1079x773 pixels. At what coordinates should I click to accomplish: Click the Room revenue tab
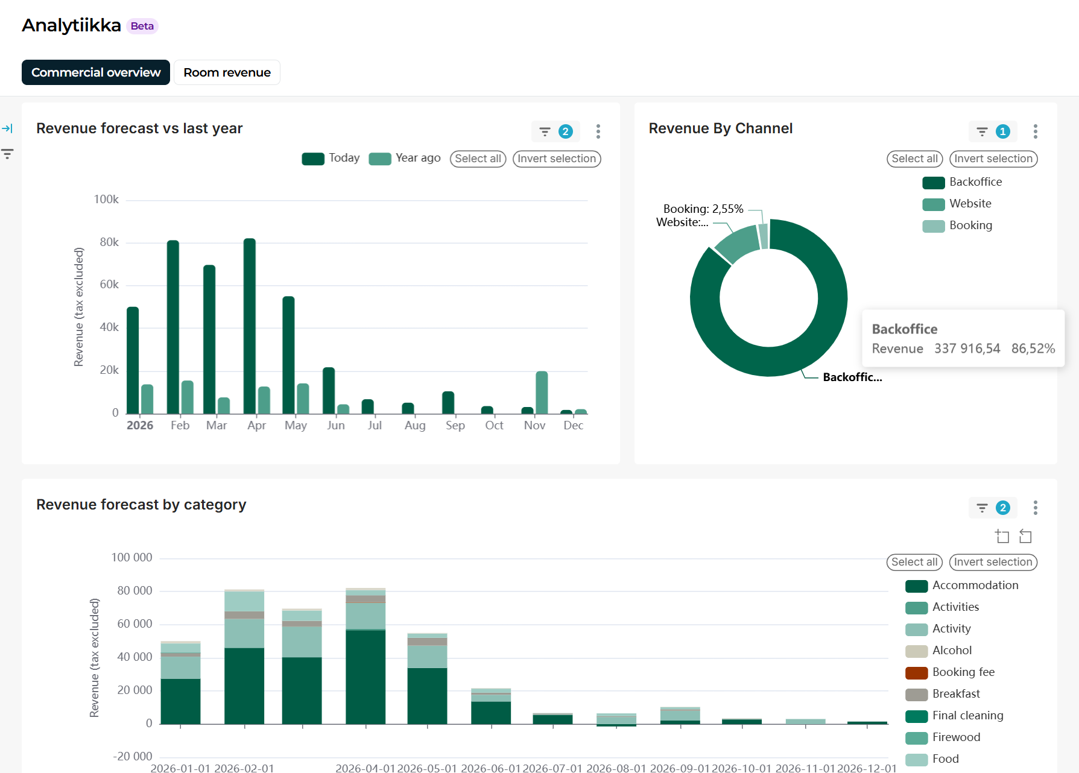(227, 72)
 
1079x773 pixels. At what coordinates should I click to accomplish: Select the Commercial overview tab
(96, 72)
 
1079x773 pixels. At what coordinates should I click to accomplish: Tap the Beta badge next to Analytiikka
(142, 26)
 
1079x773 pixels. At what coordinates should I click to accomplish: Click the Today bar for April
(250, 326)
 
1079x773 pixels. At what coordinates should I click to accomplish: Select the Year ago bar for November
(542, 393)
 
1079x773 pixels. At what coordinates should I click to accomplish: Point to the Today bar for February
(173, 327)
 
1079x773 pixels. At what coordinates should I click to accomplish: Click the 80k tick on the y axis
(109, 242)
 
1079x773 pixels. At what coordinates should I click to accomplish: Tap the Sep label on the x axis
(455, 425)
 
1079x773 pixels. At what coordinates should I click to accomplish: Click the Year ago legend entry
(405, 158)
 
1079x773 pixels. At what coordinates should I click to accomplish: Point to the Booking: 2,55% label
(703, 209)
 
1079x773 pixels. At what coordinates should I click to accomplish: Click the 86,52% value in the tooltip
(1033, 349)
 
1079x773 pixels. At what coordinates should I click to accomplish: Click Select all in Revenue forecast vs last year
(478, 159)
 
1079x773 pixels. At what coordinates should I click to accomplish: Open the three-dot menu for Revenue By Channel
(1035, 131)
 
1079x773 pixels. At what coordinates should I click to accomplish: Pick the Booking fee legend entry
(950, 672)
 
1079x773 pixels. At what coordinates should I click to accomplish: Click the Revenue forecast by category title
(141, 505)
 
